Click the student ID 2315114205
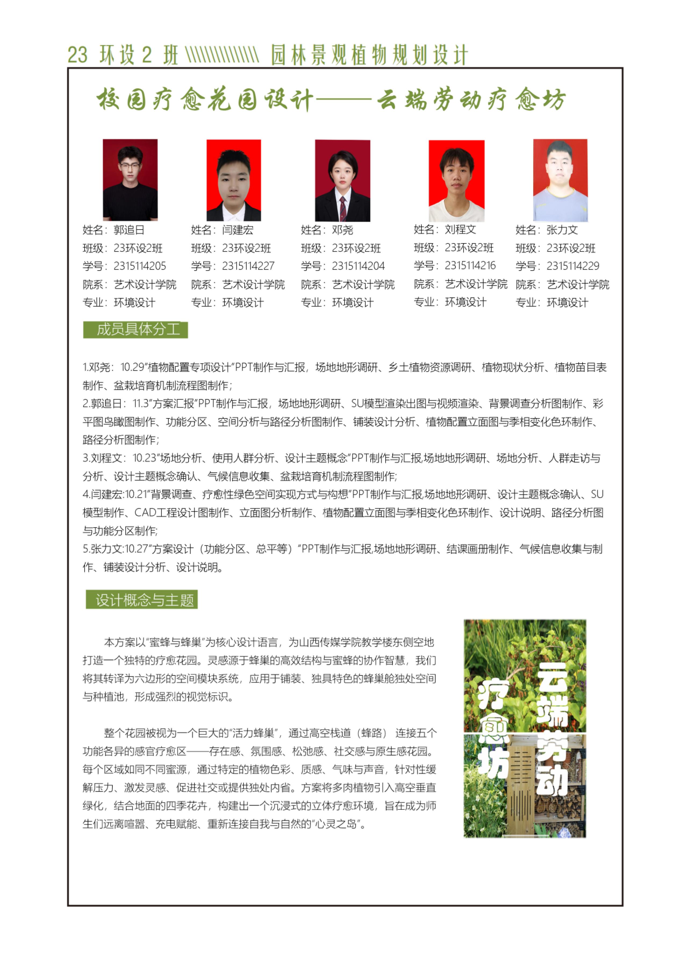click(x=140, y=266)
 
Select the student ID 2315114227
click(x=248, y=266)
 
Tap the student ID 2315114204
click(x=358, y=266)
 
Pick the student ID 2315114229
click(x=573, y=266)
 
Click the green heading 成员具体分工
click(x=135, y=329)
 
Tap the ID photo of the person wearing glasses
click(x=130, y=180)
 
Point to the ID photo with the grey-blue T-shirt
click(x=560, y=180)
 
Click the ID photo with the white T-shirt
click(x=456, y=181)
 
